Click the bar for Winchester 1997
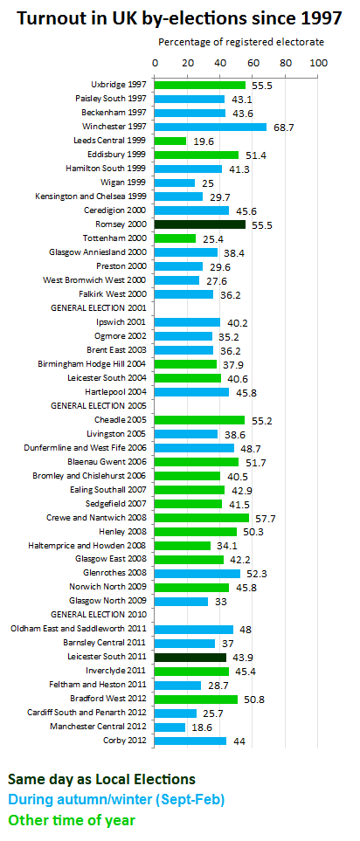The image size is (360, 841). (x=211, y=128)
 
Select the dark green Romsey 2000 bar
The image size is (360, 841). (x=199, y=224)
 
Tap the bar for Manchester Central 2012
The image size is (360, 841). (x=170, y=727)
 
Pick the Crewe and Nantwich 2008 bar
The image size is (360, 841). (x=202, y=518)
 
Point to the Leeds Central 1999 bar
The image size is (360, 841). (x=170, y=141)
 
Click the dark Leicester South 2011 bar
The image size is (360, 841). (x=190, y=657)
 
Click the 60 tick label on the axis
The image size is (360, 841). (x=253, y=63)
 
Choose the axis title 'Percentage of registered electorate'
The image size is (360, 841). (x=241, y=42)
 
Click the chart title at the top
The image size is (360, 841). (x=179, y=18)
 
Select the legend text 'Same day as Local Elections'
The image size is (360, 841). (x=101, y=779)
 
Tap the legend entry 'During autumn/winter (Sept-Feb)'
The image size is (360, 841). (x=116, y=800)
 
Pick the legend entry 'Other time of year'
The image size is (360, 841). (x=72, y=820)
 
